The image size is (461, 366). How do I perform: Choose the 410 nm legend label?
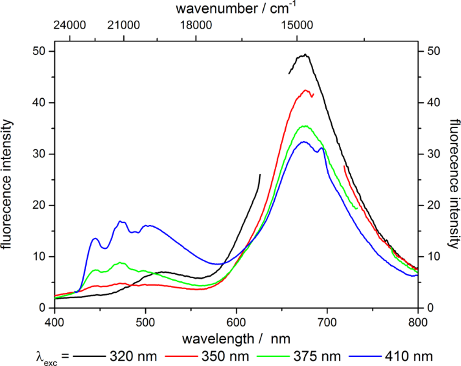[x=416, y=354]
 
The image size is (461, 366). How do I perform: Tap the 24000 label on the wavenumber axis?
[x=70, y=26]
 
